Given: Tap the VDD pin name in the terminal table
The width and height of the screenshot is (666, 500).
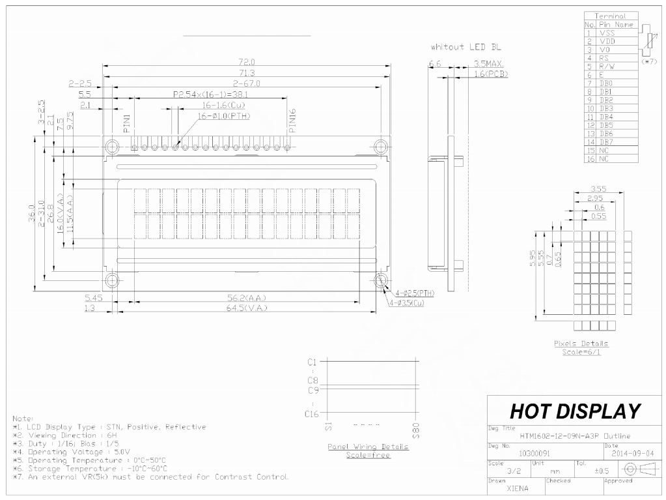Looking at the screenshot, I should point(607,40).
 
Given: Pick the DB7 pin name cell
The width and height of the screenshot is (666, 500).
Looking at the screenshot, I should point(607,141).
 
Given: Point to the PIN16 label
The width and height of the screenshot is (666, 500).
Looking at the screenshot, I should point(292,121).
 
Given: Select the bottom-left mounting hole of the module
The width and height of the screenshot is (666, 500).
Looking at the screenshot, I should point(113,280).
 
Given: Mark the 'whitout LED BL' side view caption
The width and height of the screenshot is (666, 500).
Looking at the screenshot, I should point(465,48).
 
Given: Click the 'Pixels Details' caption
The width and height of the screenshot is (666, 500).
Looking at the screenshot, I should point(581,344).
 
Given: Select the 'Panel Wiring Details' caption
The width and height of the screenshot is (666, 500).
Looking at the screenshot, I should point(368,447).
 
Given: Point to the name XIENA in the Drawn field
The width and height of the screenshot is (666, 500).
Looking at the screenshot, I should point(518,488).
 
